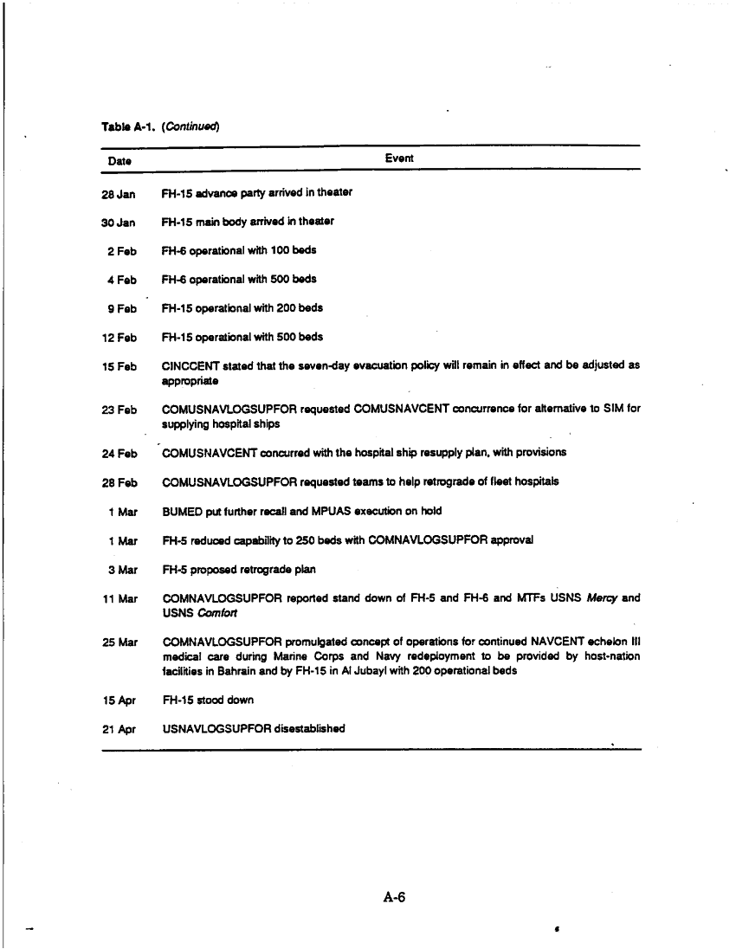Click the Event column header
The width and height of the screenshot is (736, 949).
pos(399,158)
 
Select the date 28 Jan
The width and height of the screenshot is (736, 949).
pos(119,192)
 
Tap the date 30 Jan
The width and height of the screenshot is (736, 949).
pos(119,222)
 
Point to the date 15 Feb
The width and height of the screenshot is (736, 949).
pos(119,366)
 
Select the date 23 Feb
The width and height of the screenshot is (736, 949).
pos(119,408)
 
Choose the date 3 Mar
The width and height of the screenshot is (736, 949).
pos(123,570)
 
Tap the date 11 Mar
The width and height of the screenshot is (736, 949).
pos(120,598)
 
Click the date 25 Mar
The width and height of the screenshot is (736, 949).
pos(120,642)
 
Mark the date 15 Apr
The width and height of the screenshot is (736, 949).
pos(119,700)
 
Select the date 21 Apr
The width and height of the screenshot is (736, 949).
pos(119,729)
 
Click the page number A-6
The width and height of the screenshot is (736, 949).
pos(394,897)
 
